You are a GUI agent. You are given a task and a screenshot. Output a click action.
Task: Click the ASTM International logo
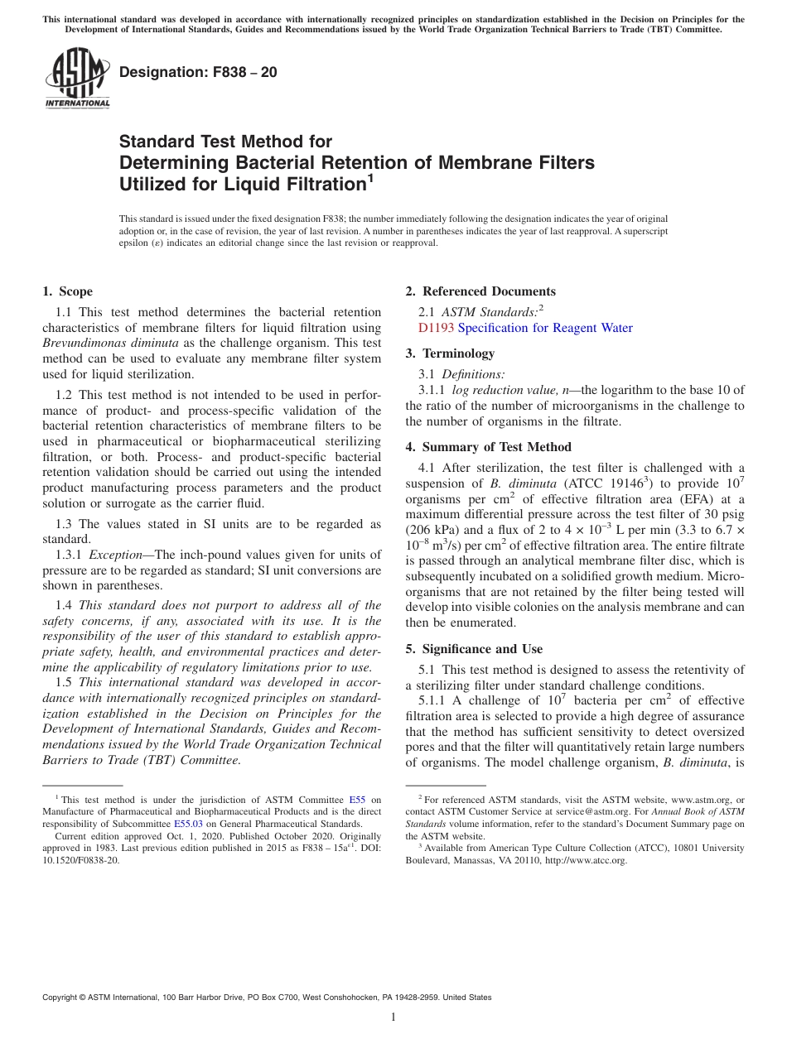77,79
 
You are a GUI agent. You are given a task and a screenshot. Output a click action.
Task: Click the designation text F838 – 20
199,73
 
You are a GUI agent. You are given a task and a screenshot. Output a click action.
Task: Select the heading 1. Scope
68,291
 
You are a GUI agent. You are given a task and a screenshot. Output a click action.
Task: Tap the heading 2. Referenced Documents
480,291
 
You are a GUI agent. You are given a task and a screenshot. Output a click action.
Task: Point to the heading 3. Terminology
450,353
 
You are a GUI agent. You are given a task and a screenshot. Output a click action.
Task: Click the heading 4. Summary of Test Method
488,447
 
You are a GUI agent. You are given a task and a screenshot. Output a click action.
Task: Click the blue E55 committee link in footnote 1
358,800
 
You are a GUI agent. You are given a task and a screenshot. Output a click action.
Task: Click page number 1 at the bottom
393,1017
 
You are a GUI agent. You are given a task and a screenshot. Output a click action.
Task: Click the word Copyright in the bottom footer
61,998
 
